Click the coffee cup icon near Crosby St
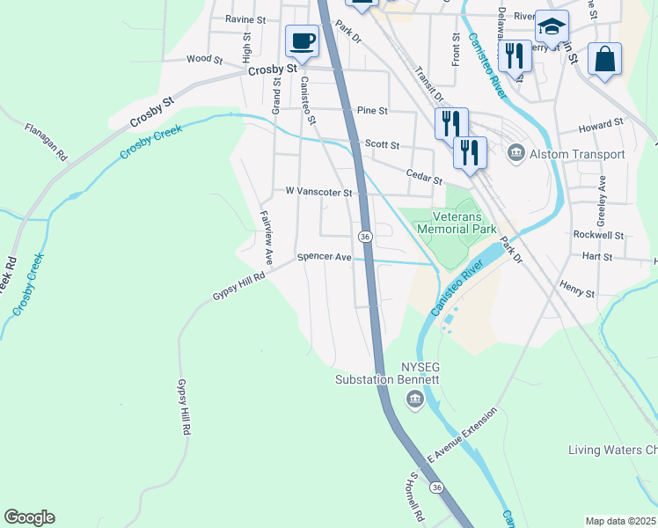point(303,40)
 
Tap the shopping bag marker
point(604,59)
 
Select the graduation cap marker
point(552,27)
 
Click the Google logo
point(29,517)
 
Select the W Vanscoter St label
point(318,191)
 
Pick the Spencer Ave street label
point(324,257)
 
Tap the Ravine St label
point(245,18)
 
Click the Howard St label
point(601,126)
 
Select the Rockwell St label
point(597,235)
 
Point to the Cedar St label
point(423,177)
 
